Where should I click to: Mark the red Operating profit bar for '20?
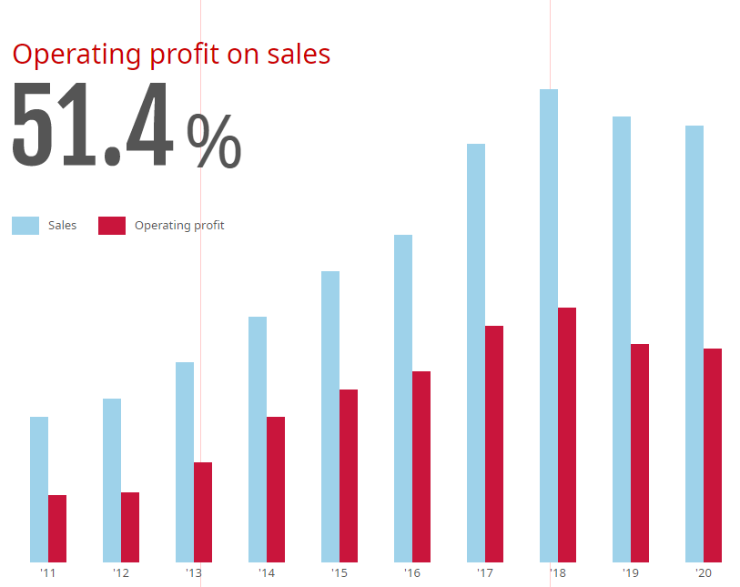point(713,455)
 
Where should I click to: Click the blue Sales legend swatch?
point(25,226)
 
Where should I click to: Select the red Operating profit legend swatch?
point(112,226)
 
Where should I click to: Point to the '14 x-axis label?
point(266,573)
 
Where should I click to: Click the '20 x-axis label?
point(703,573)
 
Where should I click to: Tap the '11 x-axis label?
point(47,573)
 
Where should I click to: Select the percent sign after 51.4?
point(214,141)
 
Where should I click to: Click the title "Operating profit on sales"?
point(171,55)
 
